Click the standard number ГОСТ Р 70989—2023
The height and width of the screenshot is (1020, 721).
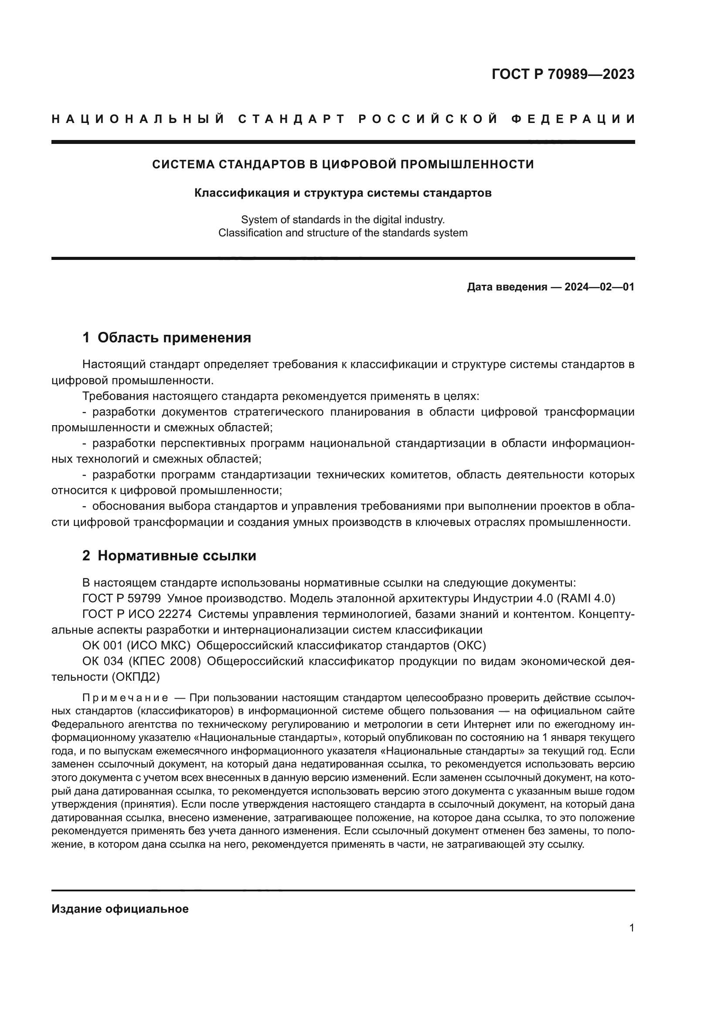[563, 74]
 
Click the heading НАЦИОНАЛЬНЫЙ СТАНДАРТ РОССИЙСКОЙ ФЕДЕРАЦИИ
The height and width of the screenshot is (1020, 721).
[343, 119]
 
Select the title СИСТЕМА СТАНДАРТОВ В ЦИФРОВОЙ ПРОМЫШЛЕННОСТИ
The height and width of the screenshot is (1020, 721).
[343, 164]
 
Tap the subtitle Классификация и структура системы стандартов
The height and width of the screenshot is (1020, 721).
[343, 193]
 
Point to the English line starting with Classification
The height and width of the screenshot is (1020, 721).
[343, 233]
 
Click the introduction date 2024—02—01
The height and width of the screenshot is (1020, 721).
[599, 287]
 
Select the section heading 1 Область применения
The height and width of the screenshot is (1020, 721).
[167, 338]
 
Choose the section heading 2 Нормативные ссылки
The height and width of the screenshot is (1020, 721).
[169, 556]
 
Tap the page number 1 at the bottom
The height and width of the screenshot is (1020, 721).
[631, 928]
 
